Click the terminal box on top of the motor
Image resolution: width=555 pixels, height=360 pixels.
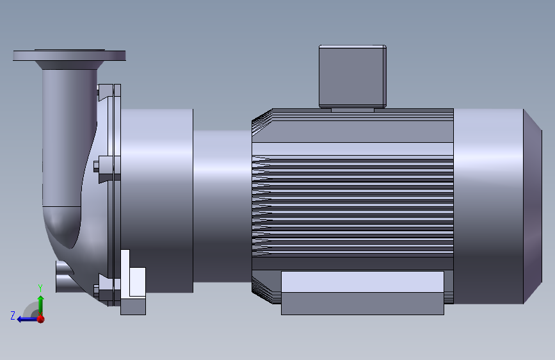point(353,76)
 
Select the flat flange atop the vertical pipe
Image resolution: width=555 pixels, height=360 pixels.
point(69,55)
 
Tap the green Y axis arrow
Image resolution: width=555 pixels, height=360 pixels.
point(41,304)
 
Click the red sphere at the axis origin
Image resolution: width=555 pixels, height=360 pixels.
point(41,319)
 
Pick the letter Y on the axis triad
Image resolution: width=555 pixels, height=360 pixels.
point(40,288)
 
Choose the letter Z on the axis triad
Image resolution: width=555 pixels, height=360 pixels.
point(13,315)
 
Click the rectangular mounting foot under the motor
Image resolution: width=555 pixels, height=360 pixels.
point(362,293)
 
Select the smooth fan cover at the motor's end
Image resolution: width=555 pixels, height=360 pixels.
point(488,206)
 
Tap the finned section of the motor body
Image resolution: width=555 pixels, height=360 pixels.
point(353,206)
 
